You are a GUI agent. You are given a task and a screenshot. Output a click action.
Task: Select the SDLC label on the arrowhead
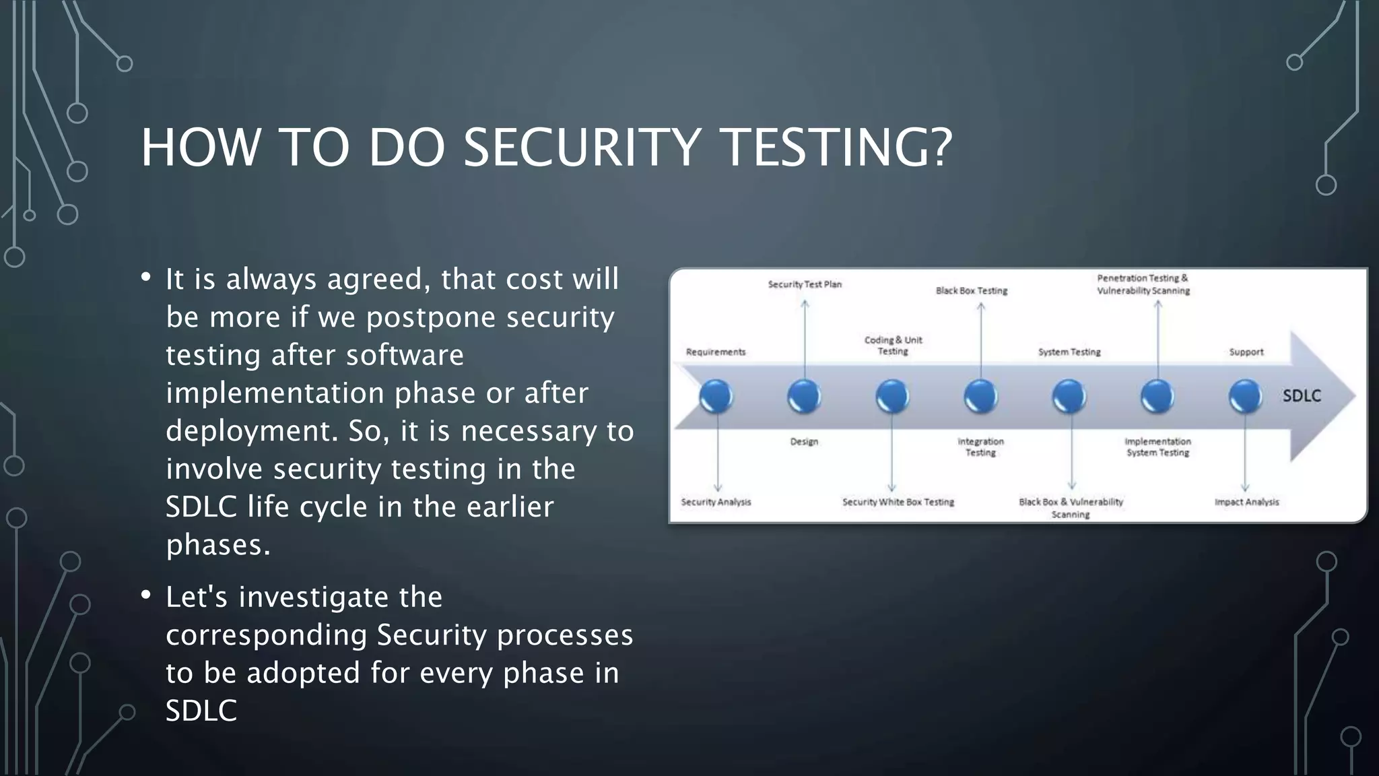[x=1301, y=396]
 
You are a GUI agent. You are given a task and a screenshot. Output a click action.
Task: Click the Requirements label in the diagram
[x=716, y=352]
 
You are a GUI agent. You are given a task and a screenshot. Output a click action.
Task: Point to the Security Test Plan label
[x=805, y=284]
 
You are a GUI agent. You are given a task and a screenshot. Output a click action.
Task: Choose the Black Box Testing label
[x=971, y=290]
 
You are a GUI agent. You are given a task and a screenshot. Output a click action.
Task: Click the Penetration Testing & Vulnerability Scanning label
[x=1143, y=284]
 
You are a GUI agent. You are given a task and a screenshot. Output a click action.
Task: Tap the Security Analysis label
[x=716, y=502]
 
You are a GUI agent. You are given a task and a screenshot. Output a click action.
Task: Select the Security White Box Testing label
[x=898, y=502]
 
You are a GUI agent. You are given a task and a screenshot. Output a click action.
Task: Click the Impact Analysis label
[x=1246, y=502]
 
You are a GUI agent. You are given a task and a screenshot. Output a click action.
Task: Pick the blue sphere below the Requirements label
[x=716, y=396]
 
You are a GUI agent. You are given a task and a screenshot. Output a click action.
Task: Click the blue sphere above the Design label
[x=804, y=396]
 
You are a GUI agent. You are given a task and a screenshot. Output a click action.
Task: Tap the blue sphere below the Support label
[x=1245, y=396]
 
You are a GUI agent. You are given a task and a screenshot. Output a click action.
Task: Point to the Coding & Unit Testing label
[x=893, y=346]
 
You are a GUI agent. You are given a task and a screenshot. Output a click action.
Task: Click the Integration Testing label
[x=980, y=447]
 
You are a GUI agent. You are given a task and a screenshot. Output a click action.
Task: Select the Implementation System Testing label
[x=1157, y=447]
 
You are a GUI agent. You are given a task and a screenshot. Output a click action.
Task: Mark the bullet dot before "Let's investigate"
[x=146, y=595]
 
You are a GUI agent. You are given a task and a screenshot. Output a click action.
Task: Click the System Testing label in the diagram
[x=1069, y=352]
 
